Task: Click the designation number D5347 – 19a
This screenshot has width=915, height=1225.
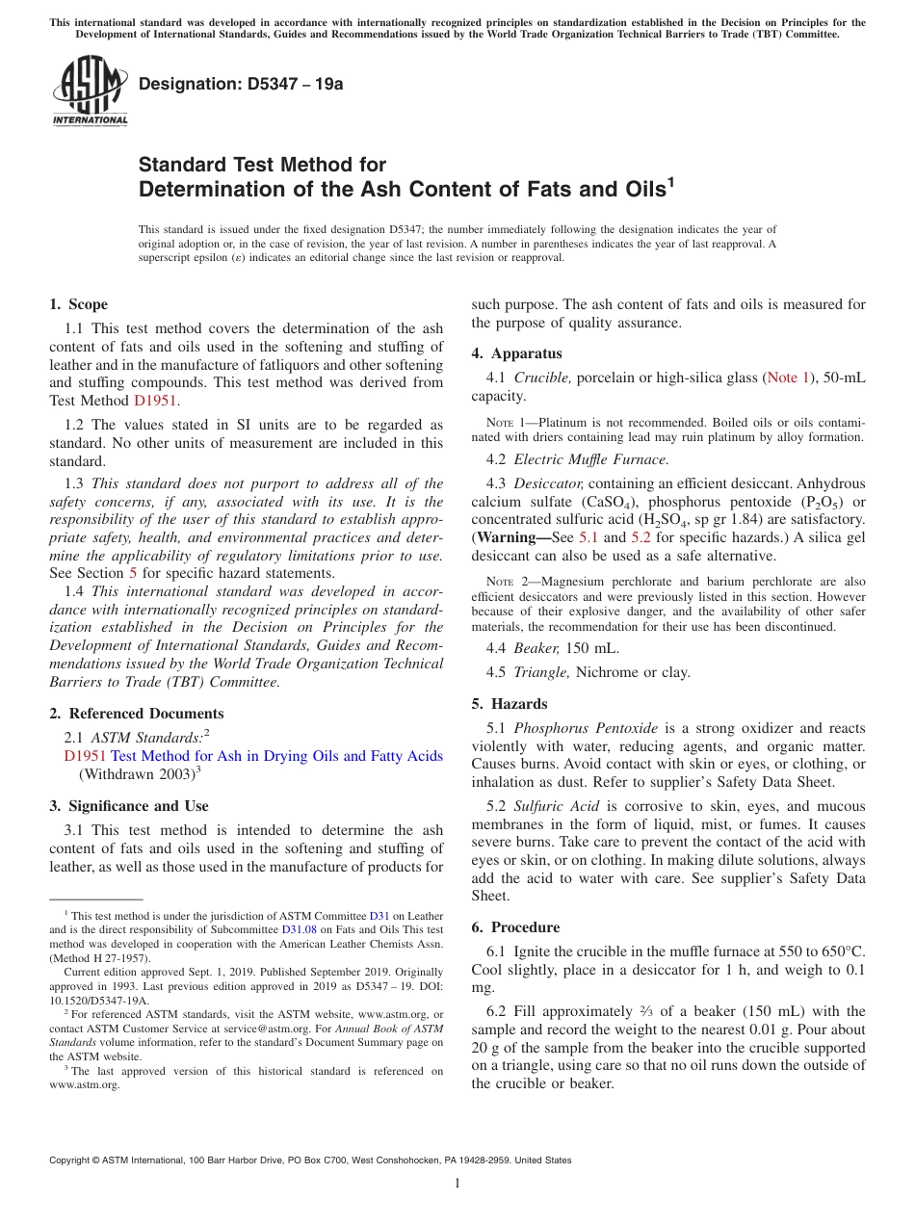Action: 241,84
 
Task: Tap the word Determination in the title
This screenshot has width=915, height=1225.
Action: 213,190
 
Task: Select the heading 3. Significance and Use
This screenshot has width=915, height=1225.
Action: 128,806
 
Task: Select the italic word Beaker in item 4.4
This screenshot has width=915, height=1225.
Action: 536,648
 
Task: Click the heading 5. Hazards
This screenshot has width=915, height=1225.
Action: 509,704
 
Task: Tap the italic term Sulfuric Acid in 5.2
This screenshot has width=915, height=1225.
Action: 556,806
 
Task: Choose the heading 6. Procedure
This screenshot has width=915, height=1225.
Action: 515,927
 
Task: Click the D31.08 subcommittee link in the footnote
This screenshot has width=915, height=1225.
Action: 298,930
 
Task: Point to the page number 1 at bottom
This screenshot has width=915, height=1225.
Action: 457,1184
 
